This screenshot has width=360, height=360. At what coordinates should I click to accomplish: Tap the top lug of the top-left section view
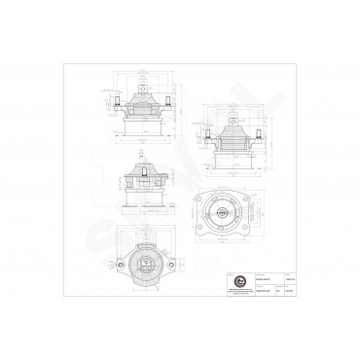(143, 90)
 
